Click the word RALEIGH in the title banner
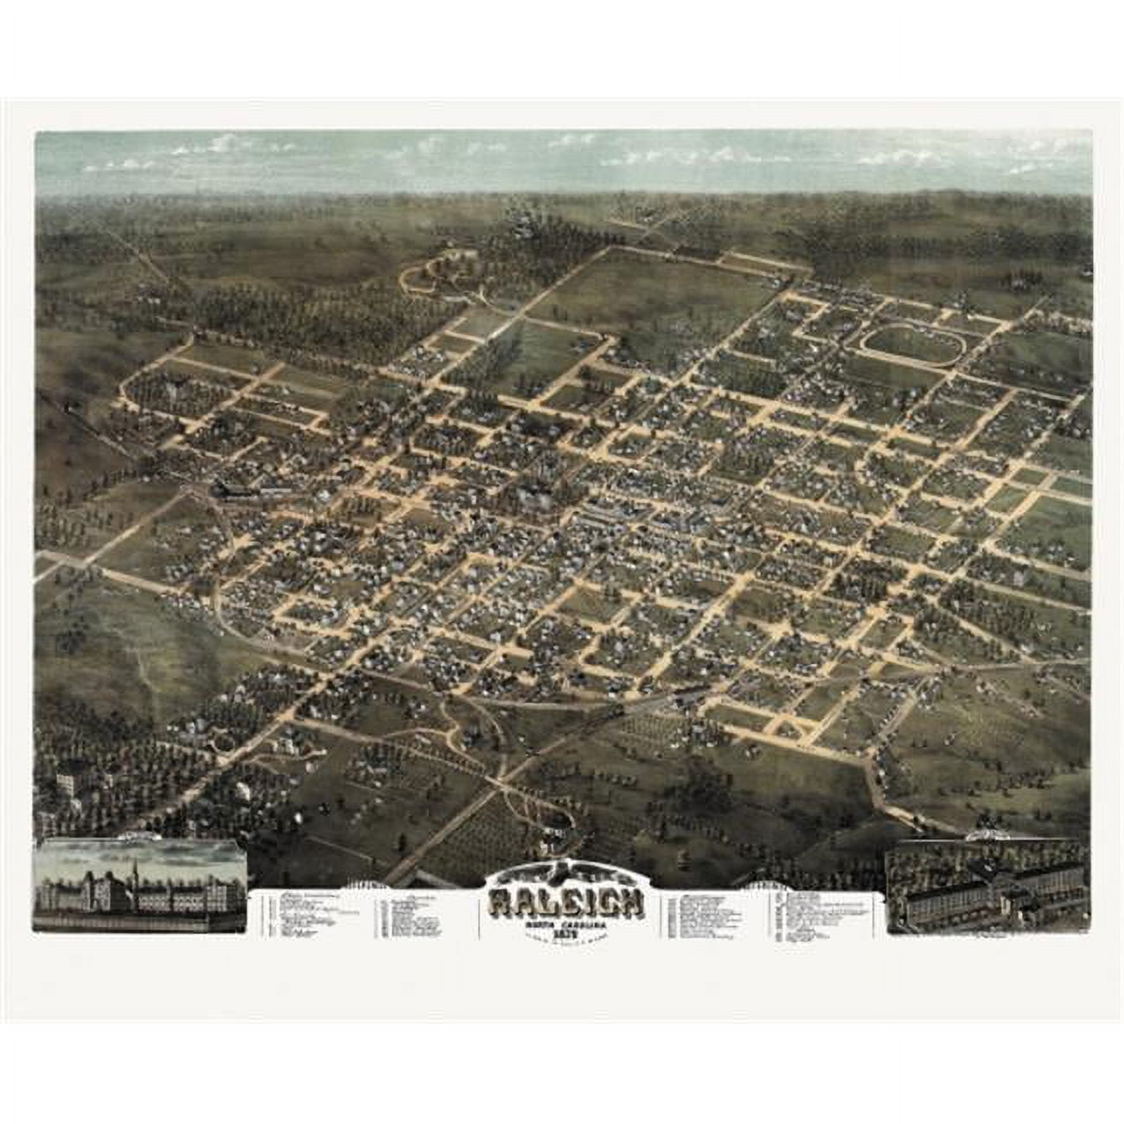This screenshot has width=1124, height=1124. tap(566, 903)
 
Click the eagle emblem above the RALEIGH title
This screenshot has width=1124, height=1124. tap(566, 874)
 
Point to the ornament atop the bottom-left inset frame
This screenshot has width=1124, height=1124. tap(138, 837)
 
